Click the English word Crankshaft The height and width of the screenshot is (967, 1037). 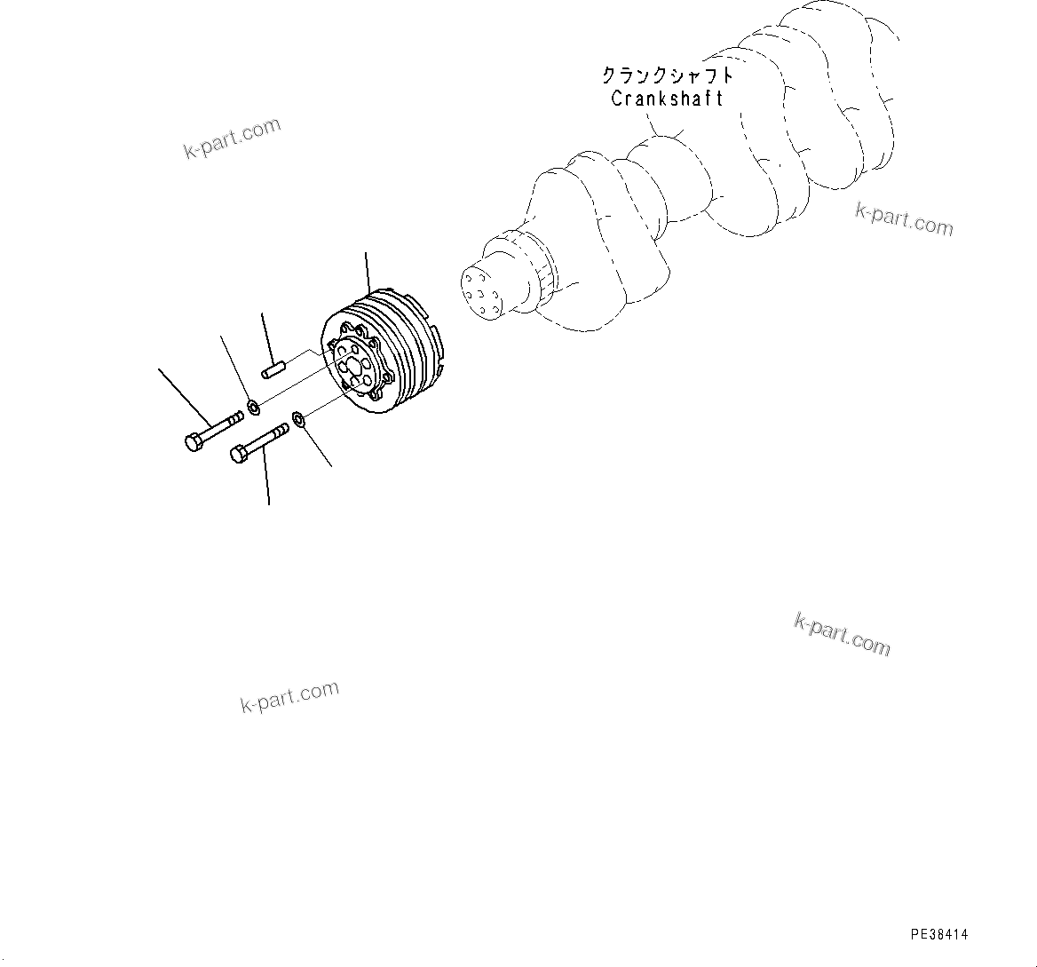[667, 99]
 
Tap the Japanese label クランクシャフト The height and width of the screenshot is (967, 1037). [667, 75]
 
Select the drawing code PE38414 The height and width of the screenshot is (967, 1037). [939, 934]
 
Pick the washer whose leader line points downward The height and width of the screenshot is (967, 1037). [297, 417]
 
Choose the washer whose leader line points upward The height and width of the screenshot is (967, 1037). [253, 408]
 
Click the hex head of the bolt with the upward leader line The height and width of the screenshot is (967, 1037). [194, 442]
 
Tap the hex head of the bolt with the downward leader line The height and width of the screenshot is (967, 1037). [239, 455]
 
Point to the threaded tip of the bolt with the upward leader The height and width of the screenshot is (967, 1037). [236, 416]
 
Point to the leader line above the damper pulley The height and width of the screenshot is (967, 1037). [367, 271]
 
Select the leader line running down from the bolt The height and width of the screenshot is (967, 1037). [267, 475]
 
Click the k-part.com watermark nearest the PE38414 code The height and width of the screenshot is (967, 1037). [841, 634]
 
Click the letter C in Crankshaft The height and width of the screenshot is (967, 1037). [617, 99]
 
